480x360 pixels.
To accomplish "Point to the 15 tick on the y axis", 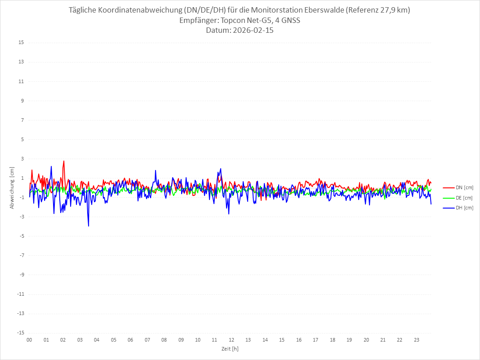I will [21, 43].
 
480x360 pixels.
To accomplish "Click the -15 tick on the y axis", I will [20, 333].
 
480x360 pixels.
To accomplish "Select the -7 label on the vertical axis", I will [21, 255].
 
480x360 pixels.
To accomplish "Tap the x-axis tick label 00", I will [29, 340].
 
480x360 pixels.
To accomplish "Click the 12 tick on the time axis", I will [231, 340].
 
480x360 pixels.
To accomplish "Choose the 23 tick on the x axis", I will [417, 340].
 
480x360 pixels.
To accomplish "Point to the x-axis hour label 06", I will [130, 340].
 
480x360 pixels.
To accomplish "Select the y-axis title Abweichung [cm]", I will [12, 188].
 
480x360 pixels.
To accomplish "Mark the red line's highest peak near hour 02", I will [64, 161].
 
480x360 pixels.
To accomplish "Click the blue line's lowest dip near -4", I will [89, 226].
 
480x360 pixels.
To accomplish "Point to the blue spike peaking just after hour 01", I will [51, 167].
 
